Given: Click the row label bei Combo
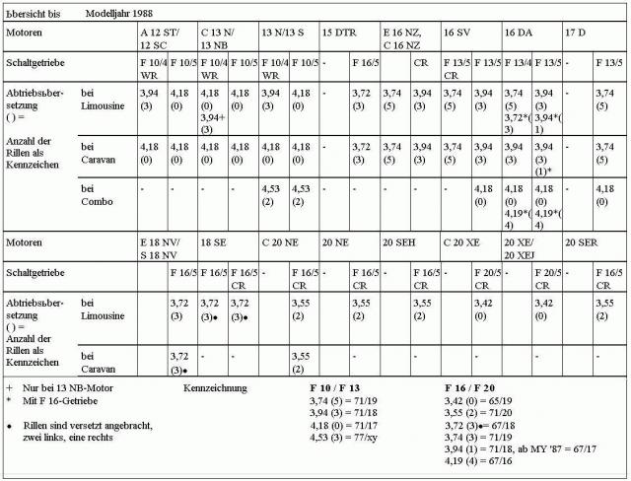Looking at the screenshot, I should [99, 193].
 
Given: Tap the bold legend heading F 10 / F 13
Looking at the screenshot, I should [336, 389].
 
